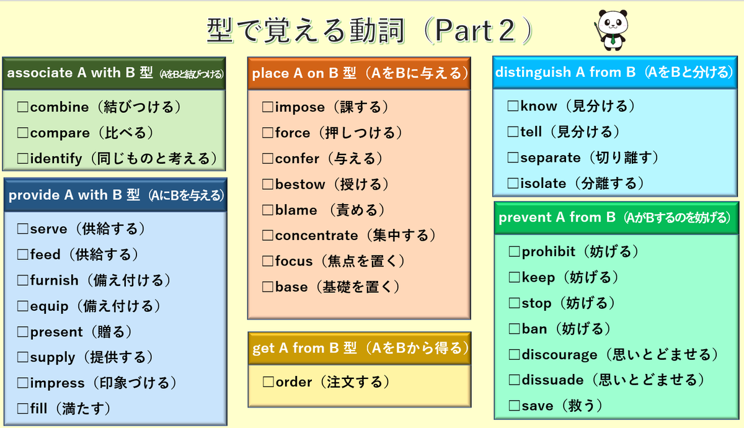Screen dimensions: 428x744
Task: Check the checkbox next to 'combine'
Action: [x=23, y=107]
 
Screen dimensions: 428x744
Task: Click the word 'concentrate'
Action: [x=316, y=236]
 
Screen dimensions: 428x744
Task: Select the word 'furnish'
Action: [x=54, y=280]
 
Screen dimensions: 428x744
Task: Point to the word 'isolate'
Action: [x=543, y=184]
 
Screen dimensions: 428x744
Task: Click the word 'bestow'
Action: [x=300, y=184]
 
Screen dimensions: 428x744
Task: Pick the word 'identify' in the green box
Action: [x=56, y=159]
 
